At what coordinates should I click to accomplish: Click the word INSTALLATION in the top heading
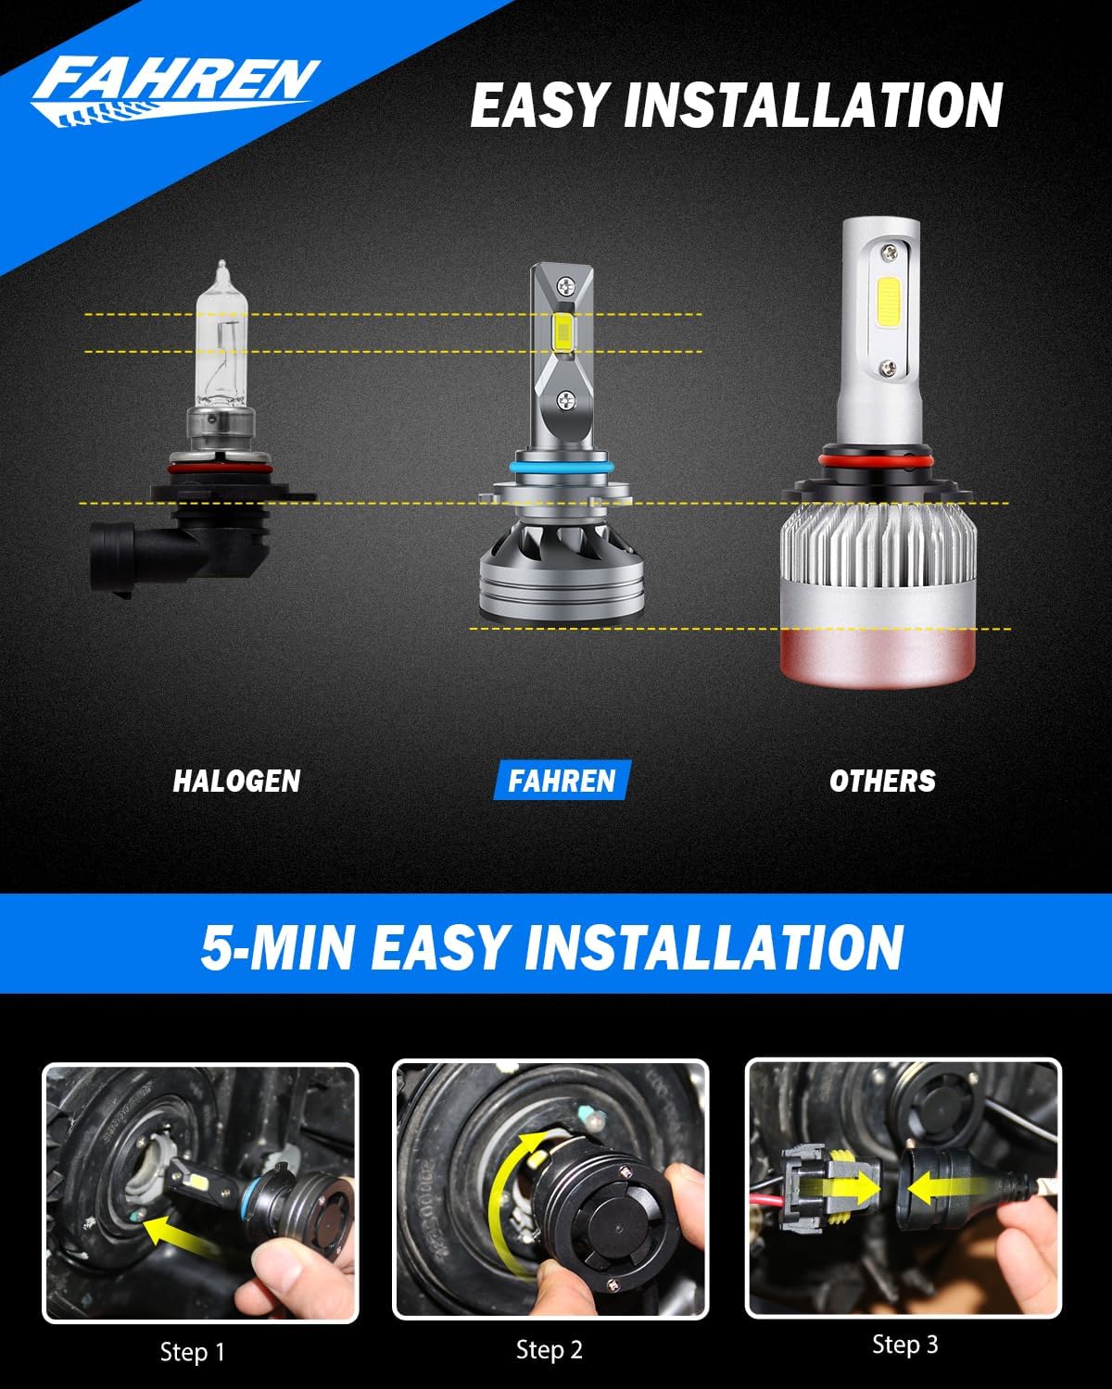pyautogui.click(x=814, y=106)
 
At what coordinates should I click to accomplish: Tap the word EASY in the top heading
pyautogui.click(x=537, y=106)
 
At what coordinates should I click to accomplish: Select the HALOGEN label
pyautogui.click(x=236, y=781)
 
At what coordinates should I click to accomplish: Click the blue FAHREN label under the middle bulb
pyautogui.click(x=562, y=781)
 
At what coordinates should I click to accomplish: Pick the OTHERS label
pyautogui.click(x=882, y=781)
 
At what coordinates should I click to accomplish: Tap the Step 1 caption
pyautogui.click(x=193, y=1352)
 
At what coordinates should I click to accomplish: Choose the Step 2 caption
pyautogui.click(x=550, y=1350)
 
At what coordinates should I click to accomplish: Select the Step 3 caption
pyautogui.click(x=904, y=1345)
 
